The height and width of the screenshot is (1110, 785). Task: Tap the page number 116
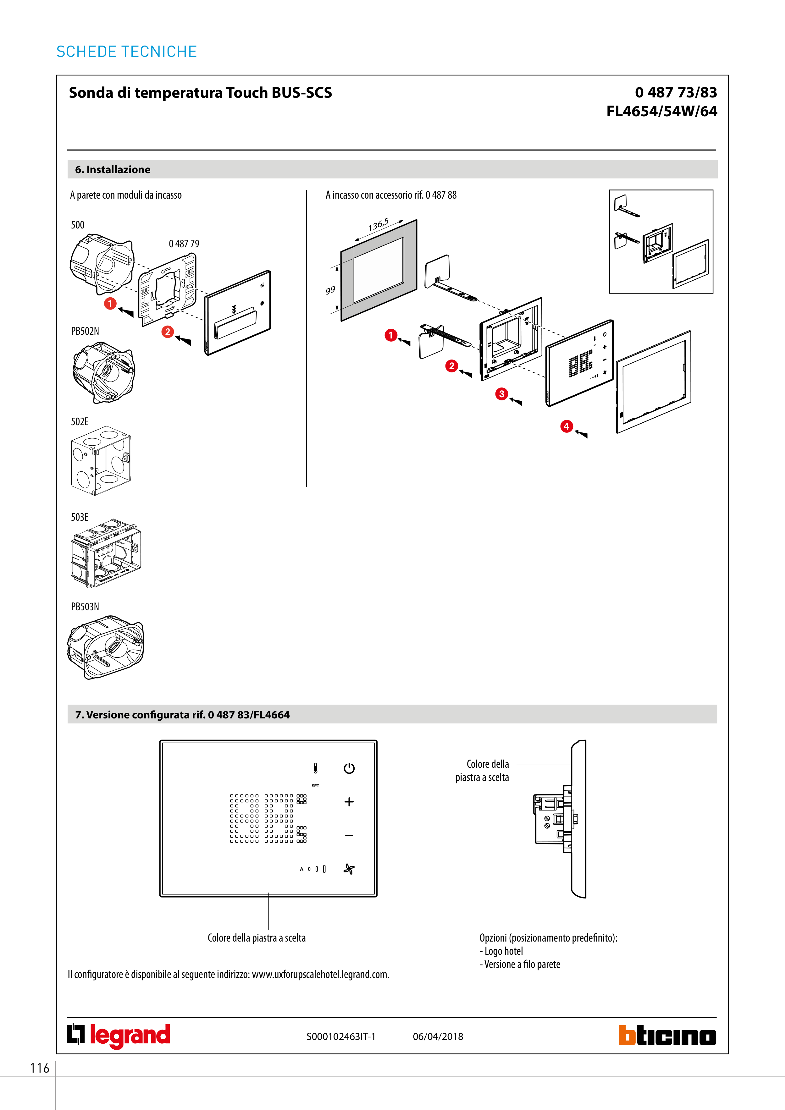(40, 1068)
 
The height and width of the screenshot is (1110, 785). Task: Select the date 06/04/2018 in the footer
(438, 1036)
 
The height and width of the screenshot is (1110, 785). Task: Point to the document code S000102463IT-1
(341, 1036)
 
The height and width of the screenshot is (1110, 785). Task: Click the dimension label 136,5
(378, 225)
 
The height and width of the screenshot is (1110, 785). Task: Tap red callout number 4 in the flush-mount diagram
(567, 426)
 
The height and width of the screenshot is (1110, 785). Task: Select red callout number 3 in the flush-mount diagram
(501, 394)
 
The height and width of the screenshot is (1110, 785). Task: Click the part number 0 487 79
(184, 244)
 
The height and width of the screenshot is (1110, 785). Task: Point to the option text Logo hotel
(504, 951)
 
